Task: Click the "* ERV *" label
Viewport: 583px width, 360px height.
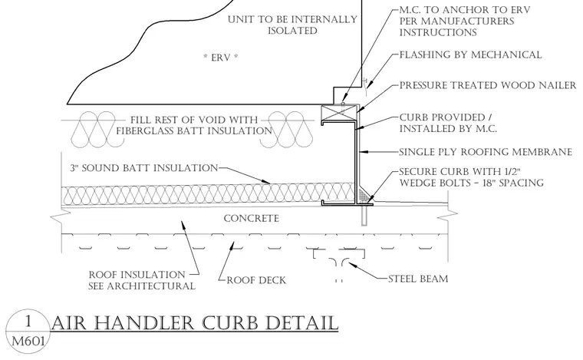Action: coord(221,58)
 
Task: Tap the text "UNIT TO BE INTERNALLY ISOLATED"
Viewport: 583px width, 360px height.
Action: coord(292,25)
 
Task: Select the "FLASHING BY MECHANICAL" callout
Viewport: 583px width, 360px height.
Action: coord(470,54)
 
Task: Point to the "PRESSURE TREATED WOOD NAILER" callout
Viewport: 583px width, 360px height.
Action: coord(488,85)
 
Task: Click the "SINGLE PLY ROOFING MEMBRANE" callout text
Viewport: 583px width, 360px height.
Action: coord(486,152)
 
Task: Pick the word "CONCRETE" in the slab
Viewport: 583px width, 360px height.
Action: coord(252,218)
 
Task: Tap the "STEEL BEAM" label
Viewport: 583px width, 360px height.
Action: coord(418,279)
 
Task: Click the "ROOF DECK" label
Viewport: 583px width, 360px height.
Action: coord(256,280)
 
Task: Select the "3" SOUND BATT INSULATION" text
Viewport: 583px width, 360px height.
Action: coord(144,168)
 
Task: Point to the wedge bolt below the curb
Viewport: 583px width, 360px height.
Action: coord(364,216)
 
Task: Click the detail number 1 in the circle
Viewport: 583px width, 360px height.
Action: coord(28,321)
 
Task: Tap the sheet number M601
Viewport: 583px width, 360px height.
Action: coord(28,341)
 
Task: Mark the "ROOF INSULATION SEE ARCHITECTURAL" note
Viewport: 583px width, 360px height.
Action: coord(142,280)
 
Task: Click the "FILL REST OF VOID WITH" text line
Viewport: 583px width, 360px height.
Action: coord(194,120)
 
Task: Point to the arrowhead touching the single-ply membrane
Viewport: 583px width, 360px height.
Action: coord(364,152)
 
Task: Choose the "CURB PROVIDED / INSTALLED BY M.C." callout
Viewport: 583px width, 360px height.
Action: coord(449,123)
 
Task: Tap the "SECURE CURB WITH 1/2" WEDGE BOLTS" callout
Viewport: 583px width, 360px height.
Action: coord(472,177)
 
